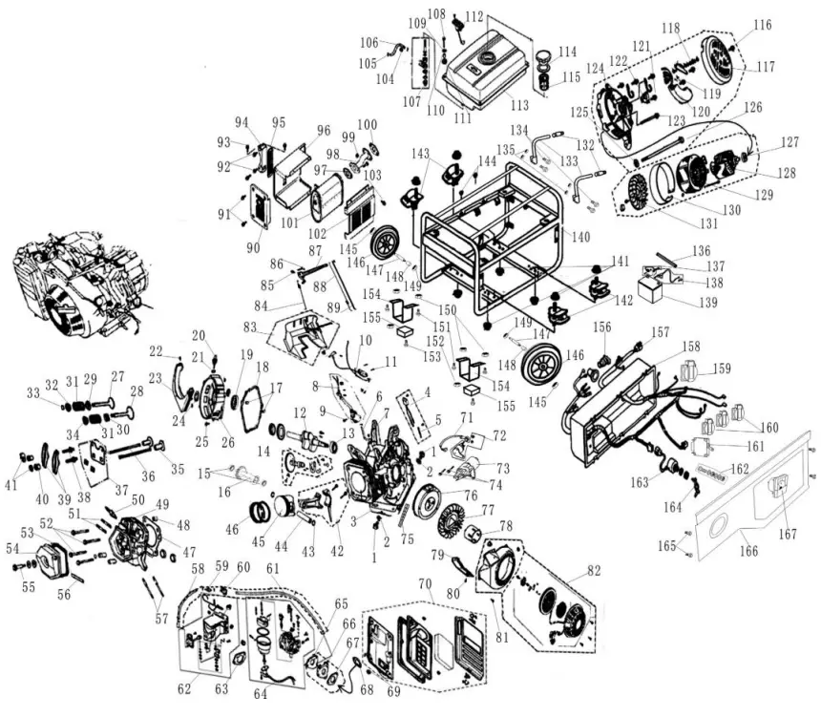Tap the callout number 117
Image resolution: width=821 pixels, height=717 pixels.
tap(765, 67)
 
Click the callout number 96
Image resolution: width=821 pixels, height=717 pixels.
tap(323, 131)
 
